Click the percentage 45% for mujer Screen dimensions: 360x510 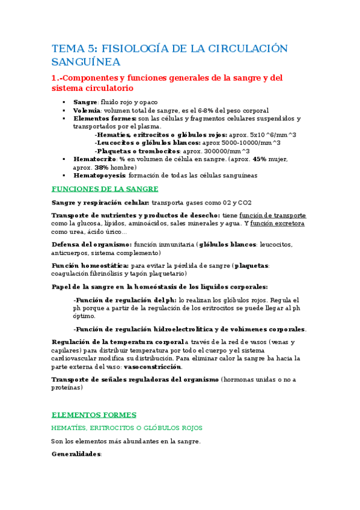point(259,159)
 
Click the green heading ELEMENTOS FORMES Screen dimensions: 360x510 point(94,414)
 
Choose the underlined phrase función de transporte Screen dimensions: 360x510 point(272,215)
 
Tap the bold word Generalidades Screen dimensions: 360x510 point(76,454)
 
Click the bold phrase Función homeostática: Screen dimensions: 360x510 point(90,265)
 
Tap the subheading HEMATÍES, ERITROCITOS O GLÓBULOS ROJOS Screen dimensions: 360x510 point(127,428)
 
